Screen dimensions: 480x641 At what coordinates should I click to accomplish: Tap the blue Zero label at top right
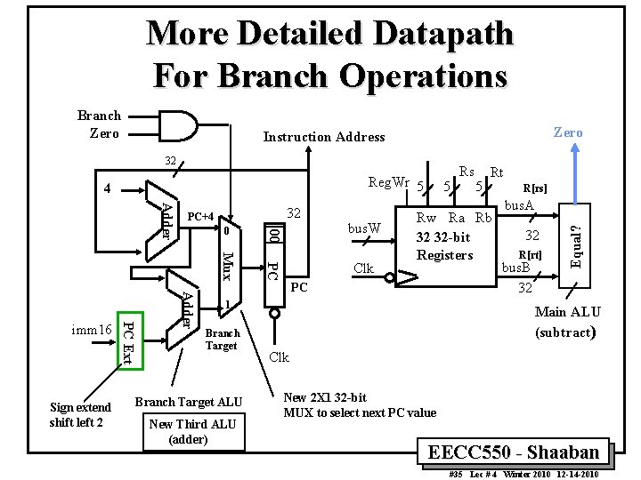(x=567, y=132)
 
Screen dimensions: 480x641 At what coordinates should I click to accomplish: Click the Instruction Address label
(x=324, y=137)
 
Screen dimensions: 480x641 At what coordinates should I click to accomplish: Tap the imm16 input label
(x=93, y=331)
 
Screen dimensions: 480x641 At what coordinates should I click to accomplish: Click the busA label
(x=520, y=205)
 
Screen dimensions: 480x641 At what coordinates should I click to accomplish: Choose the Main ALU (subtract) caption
(x=567, y=322)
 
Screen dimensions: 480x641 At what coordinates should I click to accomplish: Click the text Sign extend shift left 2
(x=81, y=415)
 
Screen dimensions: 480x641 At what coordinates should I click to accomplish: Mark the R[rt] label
(x=531, y=254)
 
